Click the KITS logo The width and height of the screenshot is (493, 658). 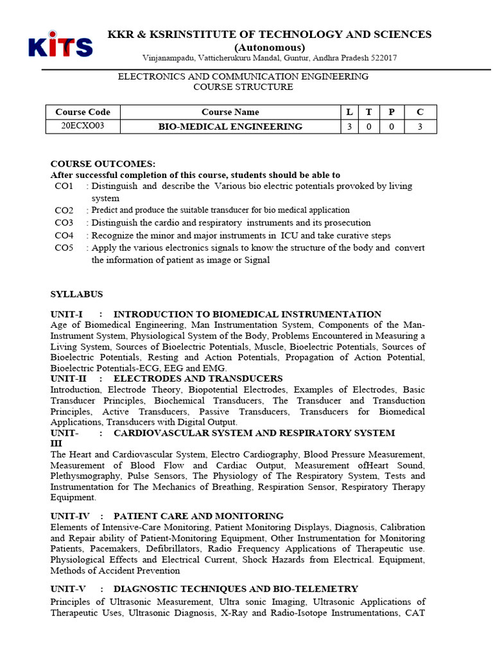[x=60, y=46]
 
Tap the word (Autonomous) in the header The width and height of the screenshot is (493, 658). [x=270, y=47]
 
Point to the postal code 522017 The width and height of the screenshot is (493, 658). [x=381, y=58]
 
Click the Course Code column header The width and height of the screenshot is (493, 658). [x=83, y=112]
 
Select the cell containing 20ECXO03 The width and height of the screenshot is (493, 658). [x=83, y=126]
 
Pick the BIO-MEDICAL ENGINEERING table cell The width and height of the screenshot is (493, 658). [x=230, y=127]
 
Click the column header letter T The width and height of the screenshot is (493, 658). [x=368, y=112]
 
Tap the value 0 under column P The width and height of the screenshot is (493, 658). [x=391, y=127]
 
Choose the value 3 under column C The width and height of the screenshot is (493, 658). [x=420, y=127]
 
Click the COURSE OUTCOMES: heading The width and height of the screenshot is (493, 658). [x=103, y=164]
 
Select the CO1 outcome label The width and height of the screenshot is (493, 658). [x=64, y=186]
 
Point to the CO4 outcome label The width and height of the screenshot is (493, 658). [x=64, y=236]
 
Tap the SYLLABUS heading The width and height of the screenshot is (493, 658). [x=76, y=294]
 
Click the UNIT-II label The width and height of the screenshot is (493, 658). [x=69, y=378]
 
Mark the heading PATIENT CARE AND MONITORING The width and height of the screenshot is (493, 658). [x=198, y=516]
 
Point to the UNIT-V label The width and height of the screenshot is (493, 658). [x=68, y=589]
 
